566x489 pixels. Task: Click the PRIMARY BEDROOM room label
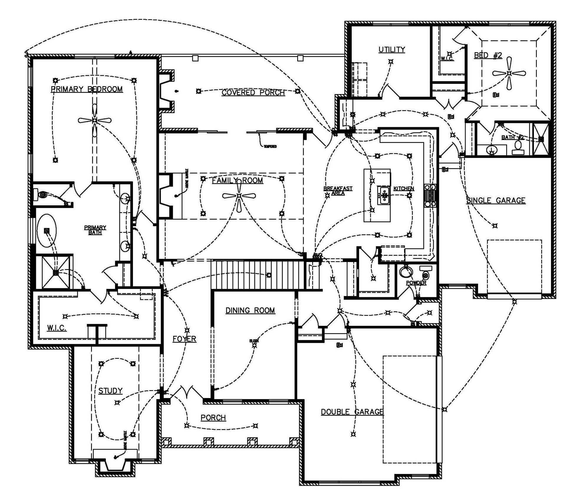tap(87, 89)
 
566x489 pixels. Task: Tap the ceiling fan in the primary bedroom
tap(94, 120)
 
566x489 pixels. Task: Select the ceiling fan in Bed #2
tap(509, 73)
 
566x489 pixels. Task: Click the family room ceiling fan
tap(239, 195)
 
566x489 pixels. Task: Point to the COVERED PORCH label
tap(253, 93)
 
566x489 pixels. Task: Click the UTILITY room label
tap(391, 49)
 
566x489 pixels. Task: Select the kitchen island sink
tap(384, 195)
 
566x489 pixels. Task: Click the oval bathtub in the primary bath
tap(47, 230)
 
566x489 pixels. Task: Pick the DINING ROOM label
tap(250, 310)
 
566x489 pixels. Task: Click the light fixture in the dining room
tap(254, 345)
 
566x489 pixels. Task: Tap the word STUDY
tap(110, 391)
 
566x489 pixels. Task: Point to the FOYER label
tap(184, 339)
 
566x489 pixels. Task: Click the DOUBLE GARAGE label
tap(352, 412)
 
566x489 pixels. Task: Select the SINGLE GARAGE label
tap(496, 201)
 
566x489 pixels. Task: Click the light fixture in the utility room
tap(391, 62)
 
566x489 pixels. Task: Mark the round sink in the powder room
tap(406, 271)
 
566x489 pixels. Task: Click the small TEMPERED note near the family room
tap(270, 146)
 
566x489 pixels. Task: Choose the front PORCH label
tap(213, 418)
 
